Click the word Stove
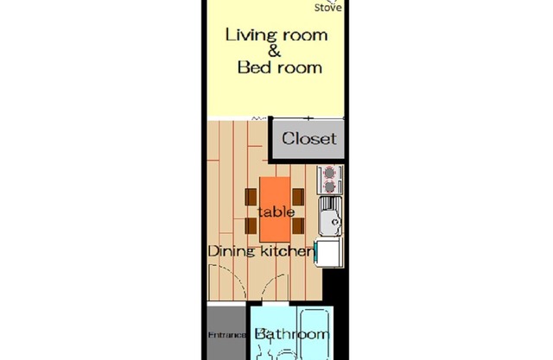328,8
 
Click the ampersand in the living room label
275,52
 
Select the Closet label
309,138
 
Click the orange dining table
275,210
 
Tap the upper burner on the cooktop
329,173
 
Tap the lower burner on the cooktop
329,186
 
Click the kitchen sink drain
336,222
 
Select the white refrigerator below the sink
329,252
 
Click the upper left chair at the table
251,197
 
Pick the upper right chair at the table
298,197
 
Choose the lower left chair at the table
251,226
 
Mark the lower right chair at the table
298,226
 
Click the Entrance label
226,335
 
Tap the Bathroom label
292,334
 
